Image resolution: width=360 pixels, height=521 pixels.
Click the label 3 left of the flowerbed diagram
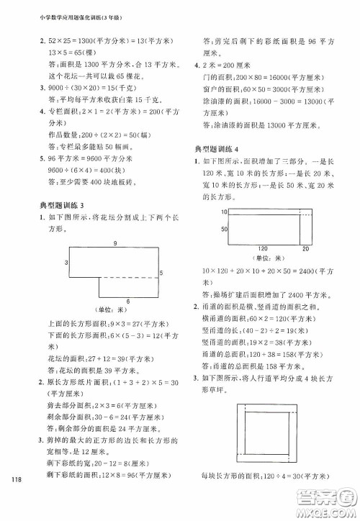pos(66,263)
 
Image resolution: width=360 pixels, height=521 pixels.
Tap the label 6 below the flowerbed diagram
pos(127,300)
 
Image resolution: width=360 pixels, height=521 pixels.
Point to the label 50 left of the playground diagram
pos(224,228)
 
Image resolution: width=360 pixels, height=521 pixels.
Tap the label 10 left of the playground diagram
pos(224,212)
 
